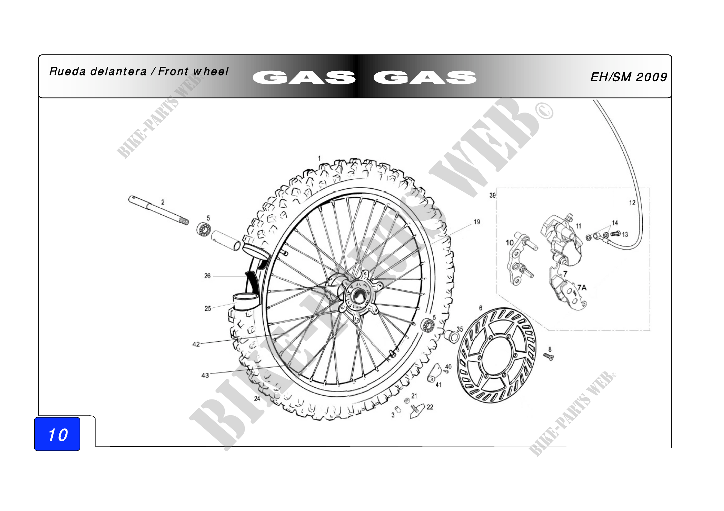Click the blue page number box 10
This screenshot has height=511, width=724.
[57, 434]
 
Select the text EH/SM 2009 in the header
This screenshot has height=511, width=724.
[628, 77]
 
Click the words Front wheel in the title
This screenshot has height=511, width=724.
[193, 71]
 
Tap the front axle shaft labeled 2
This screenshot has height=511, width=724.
[158, 210]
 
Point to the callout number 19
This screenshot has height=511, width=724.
[477, 222]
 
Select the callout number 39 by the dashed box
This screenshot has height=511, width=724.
[492, 195]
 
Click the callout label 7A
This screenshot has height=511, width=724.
[582, 287]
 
